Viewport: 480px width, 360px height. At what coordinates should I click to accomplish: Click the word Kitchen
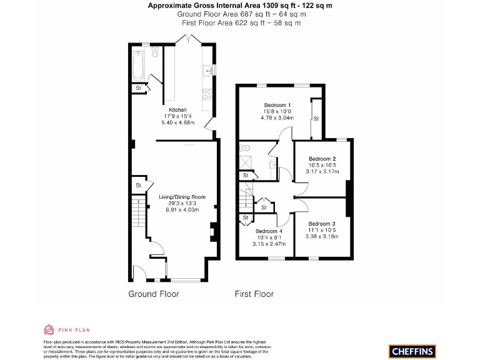click(178, 109)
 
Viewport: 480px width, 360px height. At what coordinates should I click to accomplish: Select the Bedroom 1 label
click(277, 104)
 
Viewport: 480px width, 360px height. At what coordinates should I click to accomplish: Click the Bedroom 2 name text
click(322, 158)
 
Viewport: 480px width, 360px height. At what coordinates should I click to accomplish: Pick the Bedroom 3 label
click(322, 223)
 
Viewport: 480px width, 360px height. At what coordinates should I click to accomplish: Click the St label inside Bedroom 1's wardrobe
click(316, 118)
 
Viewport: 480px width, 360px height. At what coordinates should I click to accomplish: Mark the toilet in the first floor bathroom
click(245, 148)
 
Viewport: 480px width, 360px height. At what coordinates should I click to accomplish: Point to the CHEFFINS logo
click(412, 351)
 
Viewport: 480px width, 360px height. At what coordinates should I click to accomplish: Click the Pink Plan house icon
click(49, 329)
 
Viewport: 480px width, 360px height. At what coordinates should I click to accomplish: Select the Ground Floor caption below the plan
click(154, 294)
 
